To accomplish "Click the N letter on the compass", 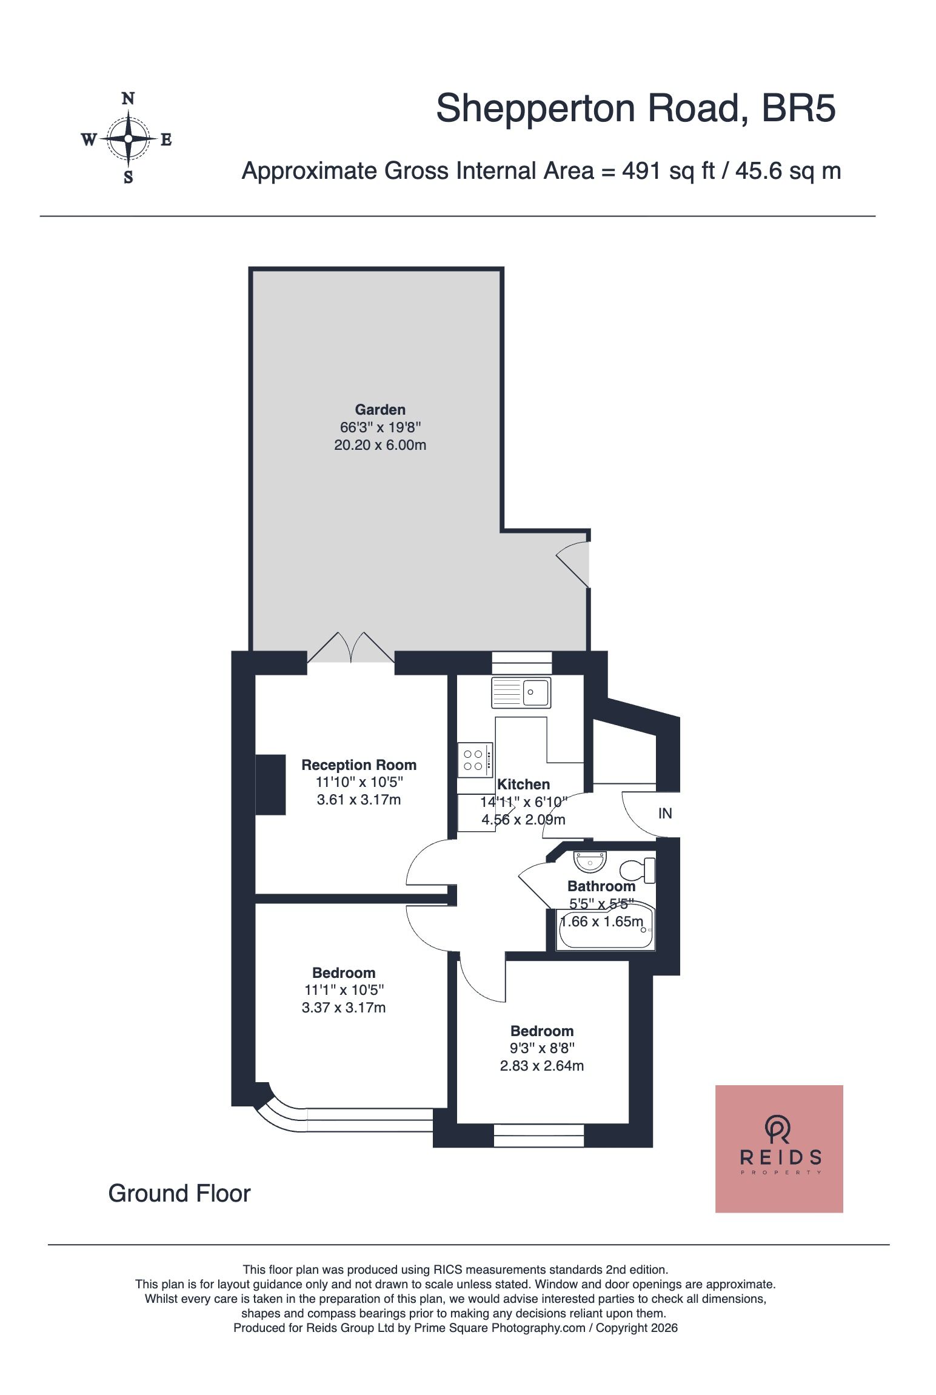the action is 128,98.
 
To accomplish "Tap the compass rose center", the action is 128,139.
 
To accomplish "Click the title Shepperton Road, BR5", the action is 636,109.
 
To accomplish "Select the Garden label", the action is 380,409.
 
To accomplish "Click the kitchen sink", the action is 521,692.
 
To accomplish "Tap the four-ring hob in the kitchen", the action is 475,760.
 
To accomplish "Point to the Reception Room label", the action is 359,764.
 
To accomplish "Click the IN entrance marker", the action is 665,813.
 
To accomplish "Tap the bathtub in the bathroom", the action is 606,928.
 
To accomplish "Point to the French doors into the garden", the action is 351,649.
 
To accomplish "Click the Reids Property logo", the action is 779,1148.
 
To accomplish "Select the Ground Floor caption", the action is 179,1193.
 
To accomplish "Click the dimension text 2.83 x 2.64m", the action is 542,1065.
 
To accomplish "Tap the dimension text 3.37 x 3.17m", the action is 344,1007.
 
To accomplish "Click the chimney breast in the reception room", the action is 270,784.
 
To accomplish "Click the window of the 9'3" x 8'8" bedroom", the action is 539,1136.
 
